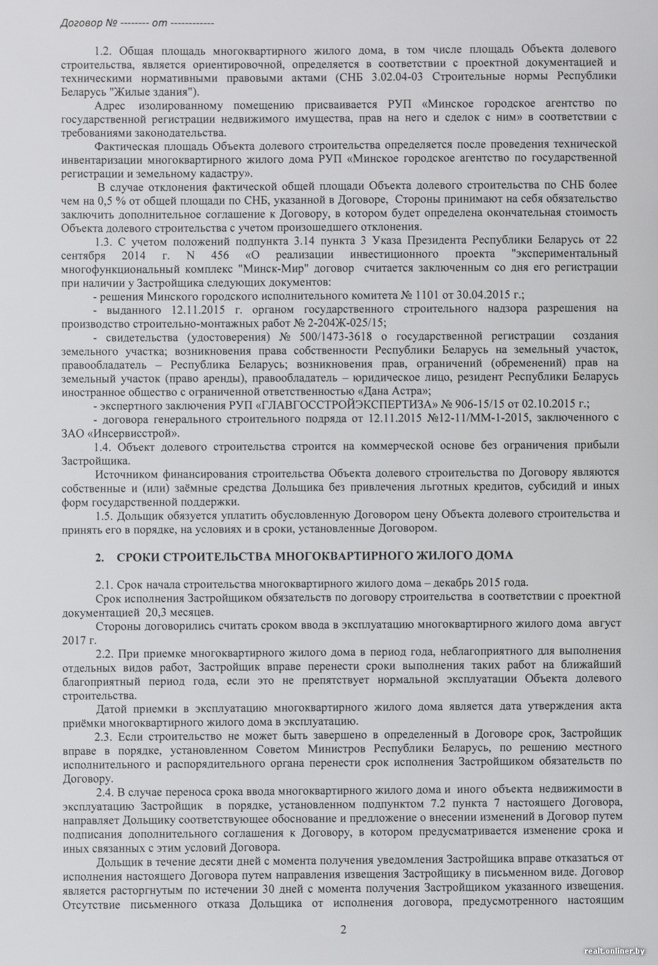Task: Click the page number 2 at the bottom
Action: [343, 929]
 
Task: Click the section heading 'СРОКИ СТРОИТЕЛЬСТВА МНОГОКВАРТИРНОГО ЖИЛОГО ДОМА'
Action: [314, 555]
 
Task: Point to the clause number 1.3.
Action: [105, 240]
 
